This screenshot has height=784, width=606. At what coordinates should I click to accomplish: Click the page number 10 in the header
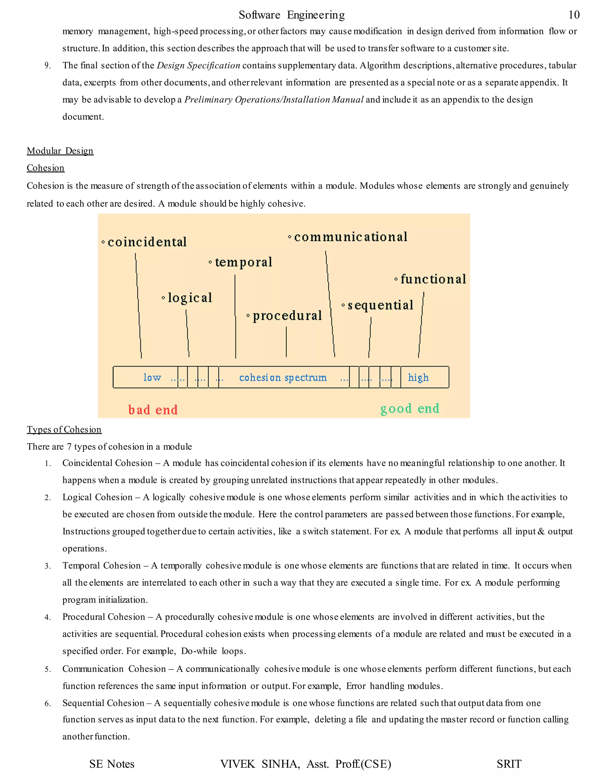[x=574, y=15]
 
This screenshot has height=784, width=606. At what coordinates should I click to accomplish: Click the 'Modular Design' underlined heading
[x=60, y=151]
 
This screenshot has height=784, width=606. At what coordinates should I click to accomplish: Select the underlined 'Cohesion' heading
[x=46, y=168]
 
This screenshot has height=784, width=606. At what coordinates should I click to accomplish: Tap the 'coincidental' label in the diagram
[x=147, y=242]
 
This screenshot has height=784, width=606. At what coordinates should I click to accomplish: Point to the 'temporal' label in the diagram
[x=244, y=262]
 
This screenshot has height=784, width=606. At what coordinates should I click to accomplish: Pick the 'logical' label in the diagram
[x=190, y=298]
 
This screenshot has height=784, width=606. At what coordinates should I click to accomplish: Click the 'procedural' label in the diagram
[x=287, y=316]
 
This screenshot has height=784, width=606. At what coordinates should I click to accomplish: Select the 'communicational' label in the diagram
[x=350, y=237]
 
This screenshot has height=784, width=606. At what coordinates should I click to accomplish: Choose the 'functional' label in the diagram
[x=433, y=279]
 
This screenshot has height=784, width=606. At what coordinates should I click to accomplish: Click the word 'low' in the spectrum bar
[x=152, y=378]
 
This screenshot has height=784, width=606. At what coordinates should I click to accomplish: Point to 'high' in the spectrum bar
[x=418, y=378]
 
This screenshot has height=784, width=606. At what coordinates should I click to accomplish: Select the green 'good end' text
[x=410, y=409]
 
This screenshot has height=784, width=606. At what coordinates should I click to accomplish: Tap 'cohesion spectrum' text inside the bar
[x=283, y=378]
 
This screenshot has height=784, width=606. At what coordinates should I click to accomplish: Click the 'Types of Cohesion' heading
[x=64, y=430]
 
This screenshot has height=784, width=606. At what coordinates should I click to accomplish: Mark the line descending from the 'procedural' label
[x=286, y=342]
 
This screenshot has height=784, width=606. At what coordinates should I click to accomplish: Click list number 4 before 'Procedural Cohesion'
[x=47, y=617]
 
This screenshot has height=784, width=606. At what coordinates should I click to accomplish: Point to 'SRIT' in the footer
[x=509, y=764]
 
